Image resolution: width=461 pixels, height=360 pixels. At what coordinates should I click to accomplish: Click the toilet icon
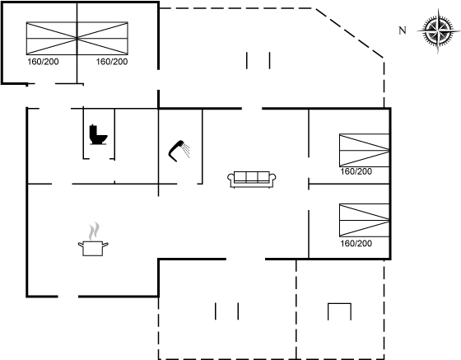(x=98, y=135)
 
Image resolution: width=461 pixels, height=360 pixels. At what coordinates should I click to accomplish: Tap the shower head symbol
(x=176, y=151)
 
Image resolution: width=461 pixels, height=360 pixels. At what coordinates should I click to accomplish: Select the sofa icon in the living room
(x=252, y=179)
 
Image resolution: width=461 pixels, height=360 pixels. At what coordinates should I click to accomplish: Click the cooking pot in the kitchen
(x=93, y=249)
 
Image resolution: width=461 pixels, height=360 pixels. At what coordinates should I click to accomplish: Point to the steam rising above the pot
(x=94, y=231)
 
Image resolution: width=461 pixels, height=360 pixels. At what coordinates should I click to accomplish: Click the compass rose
(x=438, y=30)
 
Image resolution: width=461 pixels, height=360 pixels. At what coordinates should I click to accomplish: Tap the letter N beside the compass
(x=403, y=30)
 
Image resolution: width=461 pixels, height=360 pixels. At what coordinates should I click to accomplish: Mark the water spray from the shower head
(x=186, y=150)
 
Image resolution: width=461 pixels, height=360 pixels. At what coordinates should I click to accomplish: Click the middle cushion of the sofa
(x=252, y=177)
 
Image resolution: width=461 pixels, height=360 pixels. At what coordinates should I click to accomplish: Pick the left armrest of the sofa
(x=230, y=177)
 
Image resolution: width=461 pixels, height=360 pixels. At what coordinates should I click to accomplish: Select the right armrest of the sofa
(x=272, y=177)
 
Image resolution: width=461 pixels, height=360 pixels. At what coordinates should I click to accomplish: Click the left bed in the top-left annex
(x=52, y=38)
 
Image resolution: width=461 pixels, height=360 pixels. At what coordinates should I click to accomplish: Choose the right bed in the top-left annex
(x=103, y=38)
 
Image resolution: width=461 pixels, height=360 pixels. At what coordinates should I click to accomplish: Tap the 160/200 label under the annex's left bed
(x=43, y=62)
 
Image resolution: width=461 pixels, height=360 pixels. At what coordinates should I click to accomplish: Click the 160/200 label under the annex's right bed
(x=112, y=62)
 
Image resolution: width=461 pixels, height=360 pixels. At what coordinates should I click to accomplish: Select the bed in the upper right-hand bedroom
(x=365, y=150)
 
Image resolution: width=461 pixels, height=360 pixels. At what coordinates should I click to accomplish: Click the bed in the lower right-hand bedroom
(x=365, y=220)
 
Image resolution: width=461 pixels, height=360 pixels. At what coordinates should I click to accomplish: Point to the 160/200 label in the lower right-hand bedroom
(x=356, y=244)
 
